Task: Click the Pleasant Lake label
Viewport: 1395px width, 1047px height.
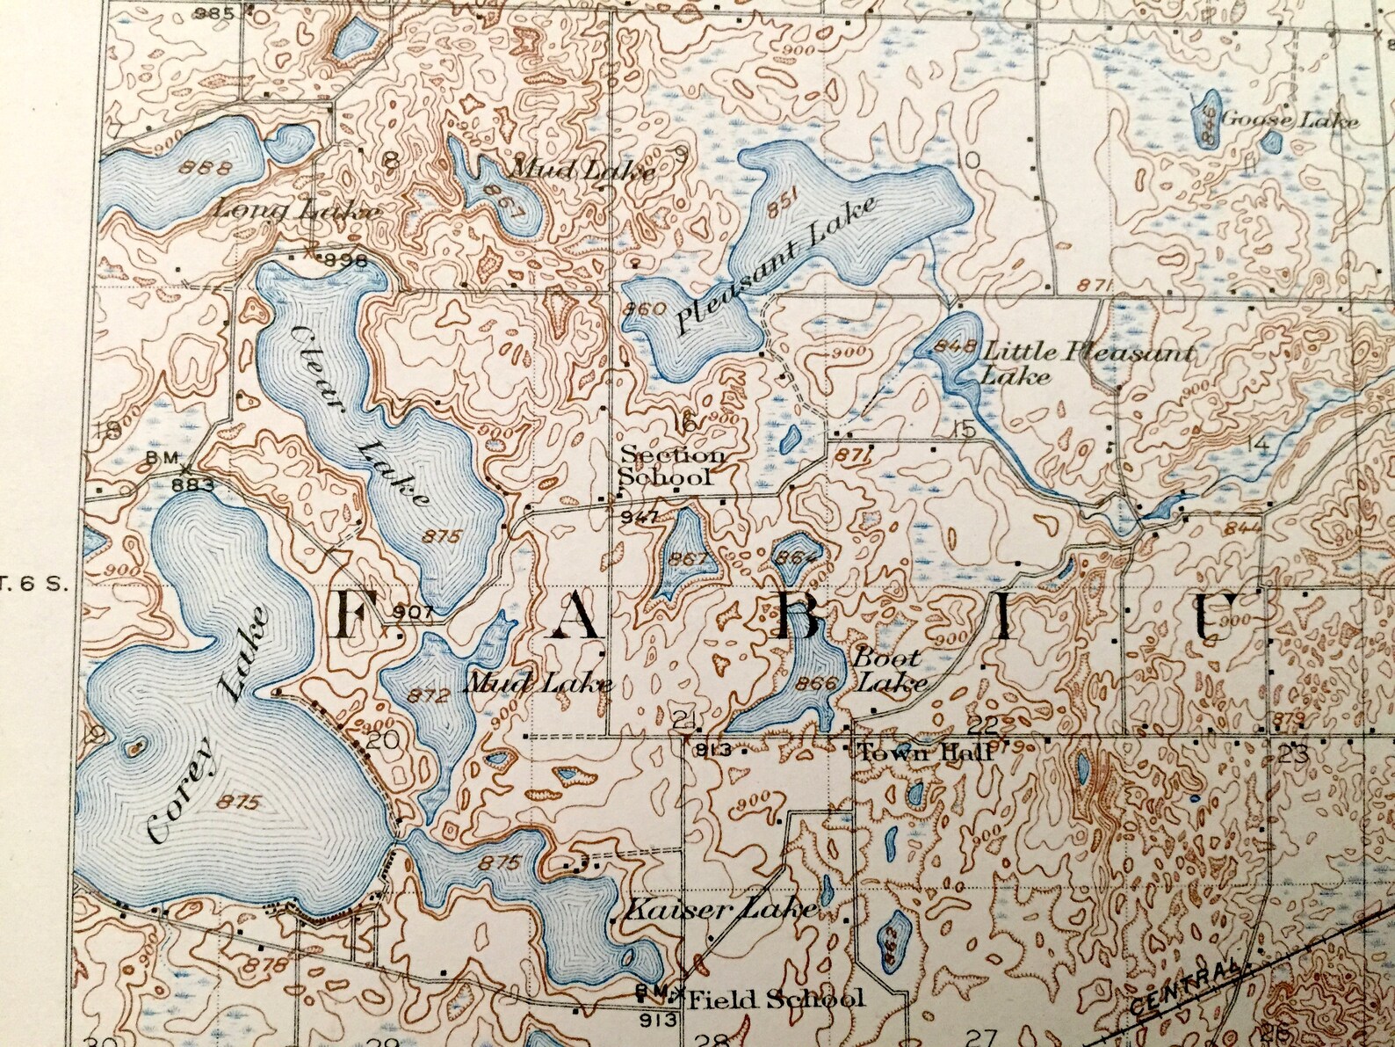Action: (777, 266)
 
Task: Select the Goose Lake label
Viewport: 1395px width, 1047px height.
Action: (1289, 121)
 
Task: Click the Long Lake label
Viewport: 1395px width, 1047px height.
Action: (297, 211)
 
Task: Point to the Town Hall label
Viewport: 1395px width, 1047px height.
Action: (924, 753)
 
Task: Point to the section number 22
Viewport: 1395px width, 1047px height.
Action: (986, 724)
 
